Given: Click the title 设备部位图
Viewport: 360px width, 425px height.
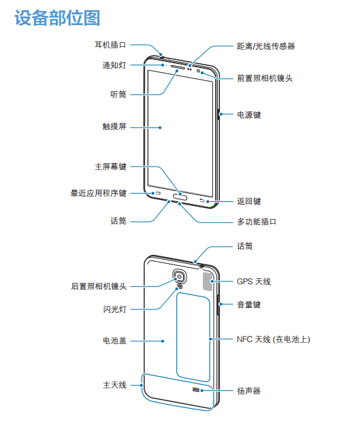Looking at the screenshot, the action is [x=57, y=18].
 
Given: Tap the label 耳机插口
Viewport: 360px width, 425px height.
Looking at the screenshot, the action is [x=110, y=45].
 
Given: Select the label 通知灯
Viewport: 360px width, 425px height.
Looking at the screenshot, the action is [x=114, y=65].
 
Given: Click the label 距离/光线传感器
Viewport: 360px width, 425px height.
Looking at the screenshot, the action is [x=266, y=46].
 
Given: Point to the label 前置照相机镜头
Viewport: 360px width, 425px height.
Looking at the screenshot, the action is [x=265, y=78].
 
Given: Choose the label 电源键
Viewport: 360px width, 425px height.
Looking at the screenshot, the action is [x=249, y=115].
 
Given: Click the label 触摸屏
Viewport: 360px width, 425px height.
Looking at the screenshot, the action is [x=114, y=126].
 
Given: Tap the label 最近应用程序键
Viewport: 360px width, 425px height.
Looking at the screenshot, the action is [x=98, y=193].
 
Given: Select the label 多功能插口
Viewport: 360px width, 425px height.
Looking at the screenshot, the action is [x=257, y=222].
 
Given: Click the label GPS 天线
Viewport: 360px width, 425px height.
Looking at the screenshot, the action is [x=254, y=282].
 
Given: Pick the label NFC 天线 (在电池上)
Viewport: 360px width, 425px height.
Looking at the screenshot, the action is [x=274, y=339].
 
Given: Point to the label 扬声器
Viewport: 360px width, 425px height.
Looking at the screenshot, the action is [x=249, y=390].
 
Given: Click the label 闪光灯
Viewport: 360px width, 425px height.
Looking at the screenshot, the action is [x=114, y=309].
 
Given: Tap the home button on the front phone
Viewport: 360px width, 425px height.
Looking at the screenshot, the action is [x=180, y=197].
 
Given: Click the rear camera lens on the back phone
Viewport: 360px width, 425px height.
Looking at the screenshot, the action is [x=180, y=277].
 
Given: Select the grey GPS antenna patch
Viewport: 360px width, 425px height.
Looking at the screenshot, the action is [x=208, y=282].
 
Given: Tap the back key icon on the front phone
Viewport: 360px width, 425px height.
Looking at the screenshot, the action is [x=201, y=201].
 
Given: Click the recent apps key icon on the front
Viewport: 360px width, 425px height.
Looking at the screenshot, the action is [x=159, y=193].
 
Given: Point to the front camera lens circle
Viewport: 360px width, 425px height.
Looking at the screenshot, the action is [x=198, y=71].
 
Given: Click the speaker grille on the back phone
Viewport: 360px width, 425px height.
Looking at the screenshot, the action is [x=196, y=390].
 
